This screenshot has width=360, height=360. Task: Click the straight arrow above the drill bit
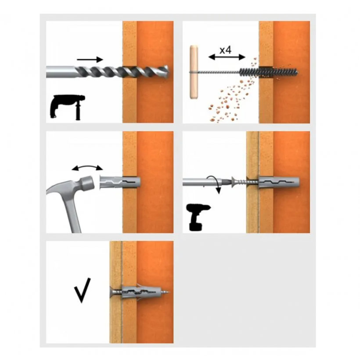point(90,60)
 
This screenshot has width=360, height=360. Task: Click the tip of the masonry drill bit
point(169,71)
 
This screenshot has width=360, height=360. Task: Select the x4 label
point(226,50)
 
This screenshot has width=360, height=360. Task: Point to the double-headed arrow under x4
point(227,57)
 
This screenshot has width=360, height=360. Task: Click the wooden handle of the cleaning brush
point(194,72)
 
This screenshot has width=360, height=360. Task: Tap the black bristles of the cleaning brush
point(269,72)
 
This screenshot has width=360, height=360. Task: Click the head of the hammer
point(87,183)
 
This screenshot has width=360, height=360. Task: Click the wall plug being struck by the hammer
point(120,182)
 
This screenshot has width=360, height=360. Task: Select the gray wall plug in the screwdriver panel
point(279,182)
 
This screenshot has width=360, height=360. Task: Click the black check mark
point(82,291)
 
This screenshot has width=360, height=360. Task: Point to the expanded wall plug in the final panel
point(142,292)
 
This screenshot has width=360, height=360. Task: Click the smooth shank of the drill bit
point(61,72)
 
